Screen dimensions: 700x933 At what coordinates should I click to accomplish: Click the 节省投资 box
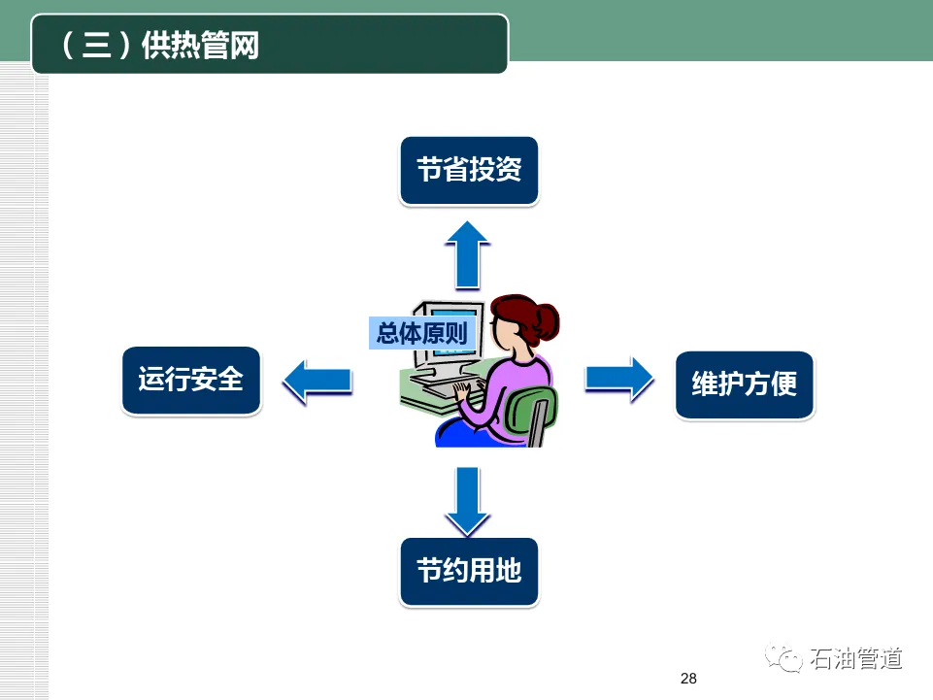(x=469, y=171)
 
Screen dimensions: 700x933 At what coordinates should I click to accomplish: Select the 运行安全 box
(x=191, y=381)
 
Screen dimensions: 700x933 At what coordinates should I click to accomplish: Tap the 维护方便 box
(x=744, y=384)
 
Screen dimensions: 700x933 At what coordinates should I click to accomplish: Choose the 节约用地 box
(x=469, y=571)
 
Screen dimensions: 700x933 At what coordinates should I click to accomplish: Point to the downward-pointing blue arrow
(x=469, y=500)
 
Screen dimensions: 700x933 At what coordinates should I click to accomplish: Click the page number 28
(x=688, y=679)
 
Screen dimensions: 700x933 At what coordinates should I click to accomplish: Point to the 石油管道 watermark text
(x=855, y=659)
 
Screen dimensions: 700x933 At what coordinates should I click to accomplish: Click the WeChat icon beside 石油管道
(x=783, y=659)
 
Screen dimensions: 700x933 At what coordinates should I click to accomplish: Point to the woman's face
(x=507, y=334)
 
